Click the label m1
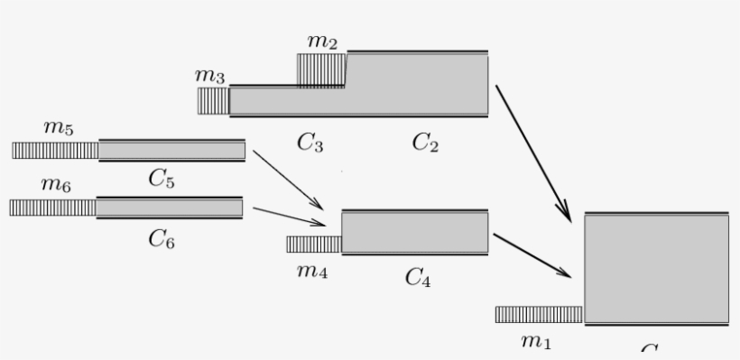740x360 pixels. (535, 341)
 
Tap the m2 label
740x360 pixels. (321, 42)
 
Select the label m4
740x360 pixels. (312, 269)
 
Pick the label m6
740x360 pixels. (56, 185)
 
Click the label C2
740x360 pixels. (425, 143)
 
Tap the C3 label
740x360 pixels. (310, 143)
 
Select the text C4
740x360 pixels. (417, 278)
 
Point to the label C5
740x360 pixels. (162, 179)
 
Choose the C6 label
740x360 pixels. (161, 238)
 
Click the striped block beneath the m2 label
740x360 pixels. (321, 70)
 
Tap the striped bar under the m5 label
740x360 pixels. (55, 150)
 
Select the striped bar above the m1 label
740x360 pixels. (539, 314)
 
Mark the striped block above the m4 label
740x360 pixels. (313, 244)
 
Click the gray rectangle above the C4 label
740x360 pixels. (415, 233)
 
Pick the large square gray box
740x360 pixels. (656, 269)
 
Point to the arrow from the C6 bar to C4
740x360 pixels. (289, 216)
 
